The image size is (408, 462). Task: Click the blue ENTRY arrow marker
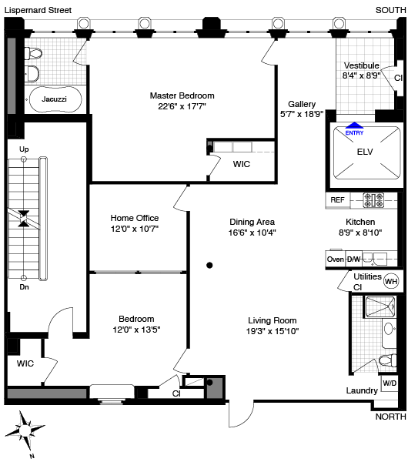point(354,126)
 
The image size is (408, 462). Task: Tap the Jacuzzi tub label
point(54,99)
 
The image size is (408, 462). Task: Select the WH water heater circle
point(391,281)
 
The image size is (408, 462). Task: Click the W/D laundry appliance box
point(390,383)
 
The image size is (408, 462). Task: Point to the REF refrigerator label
point(337,200)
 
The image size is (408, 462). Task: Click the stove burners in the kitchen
point(373,200)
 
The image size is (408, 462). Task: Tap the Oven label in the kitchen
point(335,259)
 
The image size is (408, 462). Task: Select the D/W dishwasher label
point(353,259)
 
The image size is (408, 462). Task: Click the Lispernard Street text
point(38,10)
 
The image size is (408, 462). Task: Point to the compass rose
point(25,430)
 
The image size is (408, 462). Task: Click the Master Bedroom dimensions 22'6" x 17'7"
point(182,106)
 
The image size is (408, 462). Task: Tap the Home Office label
point(135,218)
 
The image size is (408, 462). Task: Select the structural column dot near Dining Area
point(209,266)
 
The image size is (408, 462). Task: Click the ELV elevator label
point(365,152)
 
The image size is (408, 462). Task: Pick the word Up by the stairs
point(24,149)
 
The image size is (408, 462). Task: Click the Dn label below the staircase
point(24,286)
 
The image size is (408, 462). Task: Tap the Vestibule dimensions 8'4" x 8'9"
point(361,75)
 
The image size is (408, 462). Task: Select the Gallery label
point(302,104)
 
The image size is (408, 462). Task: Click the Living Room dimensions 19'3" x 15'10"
point(273,331)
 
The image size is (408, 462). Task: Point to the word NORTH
point(390,417)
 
